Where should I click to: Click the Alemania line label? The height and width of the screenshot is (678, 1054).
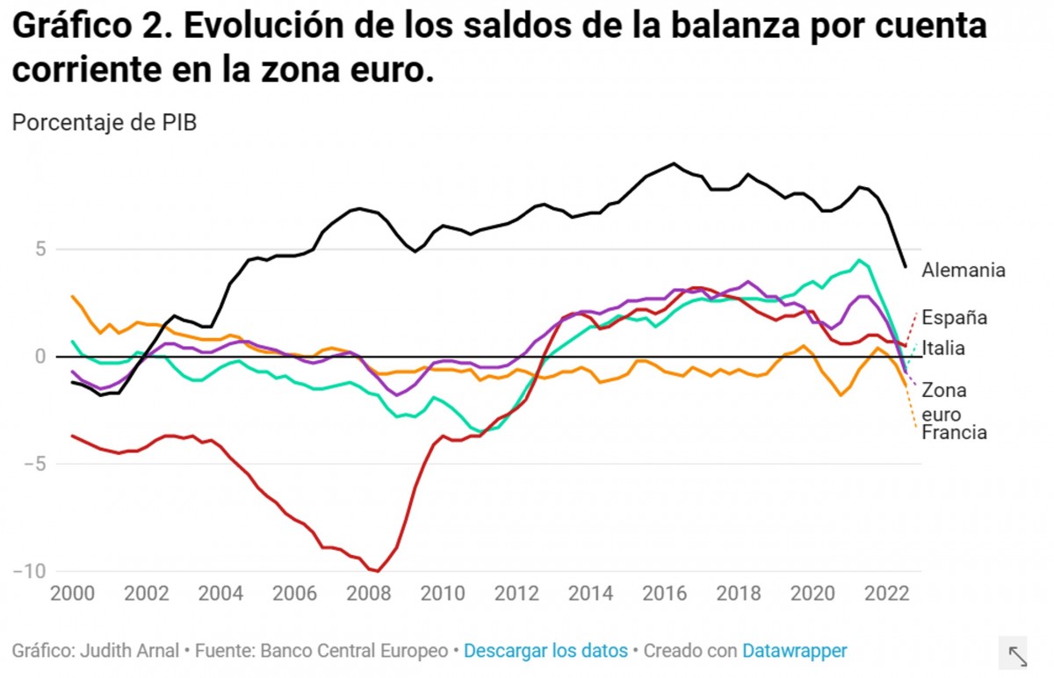tap(963, 270)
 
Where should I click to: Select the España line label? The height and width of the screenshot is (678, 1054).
tap(954, 318)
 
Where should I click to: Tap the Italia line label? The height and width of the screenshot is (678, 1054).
tap(943, 349)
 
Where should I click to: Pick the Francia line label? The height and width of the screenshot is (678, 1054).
tap(954, 433)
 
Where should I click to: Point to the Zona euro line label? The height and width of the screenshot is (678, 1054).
tap(943, 402)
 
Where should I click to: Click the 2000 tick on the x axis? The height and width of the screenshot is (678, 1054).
tap(68, 593)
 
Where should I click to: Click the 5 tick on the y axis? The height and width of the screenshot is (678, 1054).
tap(40, 249)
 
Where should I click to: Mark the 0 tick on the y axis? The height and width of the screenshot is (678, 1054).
tap(40, 357)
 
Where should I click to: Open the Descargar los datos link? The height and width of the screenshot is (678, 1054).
tap(545, 651)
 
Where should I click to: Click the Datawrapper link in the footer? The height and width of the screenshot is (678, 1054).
tap(794, 651)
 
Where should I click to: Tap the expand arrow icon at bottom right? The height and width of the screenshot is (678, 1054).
tap(1017, 655)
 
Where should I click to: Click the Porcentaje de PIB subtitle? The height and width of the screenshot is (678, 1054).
tap(104, 123)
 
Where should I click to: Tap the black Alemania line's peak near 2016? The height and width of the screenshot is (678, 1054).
tap(674, 163)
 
